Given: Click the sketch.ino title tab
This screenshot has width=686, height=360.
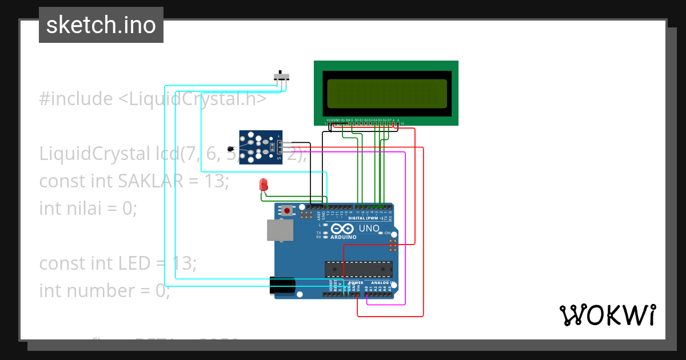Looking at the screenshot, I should click(x=101, y=25).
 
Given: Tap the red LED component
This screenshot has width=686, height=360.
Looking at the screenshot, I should click(x=264, y=185).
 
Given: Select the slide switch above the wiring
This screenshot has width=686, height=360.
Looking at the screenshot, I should click(x=281, y=77).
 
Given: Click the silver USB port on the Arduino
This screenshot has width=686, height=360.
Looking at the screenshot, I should click(x=280, y=230).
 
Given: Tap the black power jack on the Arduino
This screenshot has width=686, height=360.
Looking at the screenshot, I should click(x=282, y=285).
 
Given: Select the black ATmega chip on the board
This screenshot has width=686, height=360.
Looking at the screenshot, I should click(x=358, y=269).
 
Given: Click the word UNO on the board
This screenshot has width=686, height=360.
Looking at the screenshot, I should click(x=369, y=229).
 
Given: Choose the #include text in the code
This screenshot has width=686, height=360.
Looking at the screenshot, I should click(x=76, y=99).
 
